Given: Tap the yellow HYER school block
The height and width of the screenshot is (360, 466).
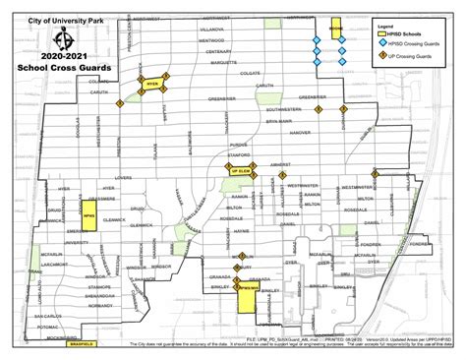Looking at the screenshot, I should coord(151,85).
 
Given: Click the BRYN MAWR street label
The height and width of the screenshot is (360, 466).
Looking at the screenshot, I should coord(278,120).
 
